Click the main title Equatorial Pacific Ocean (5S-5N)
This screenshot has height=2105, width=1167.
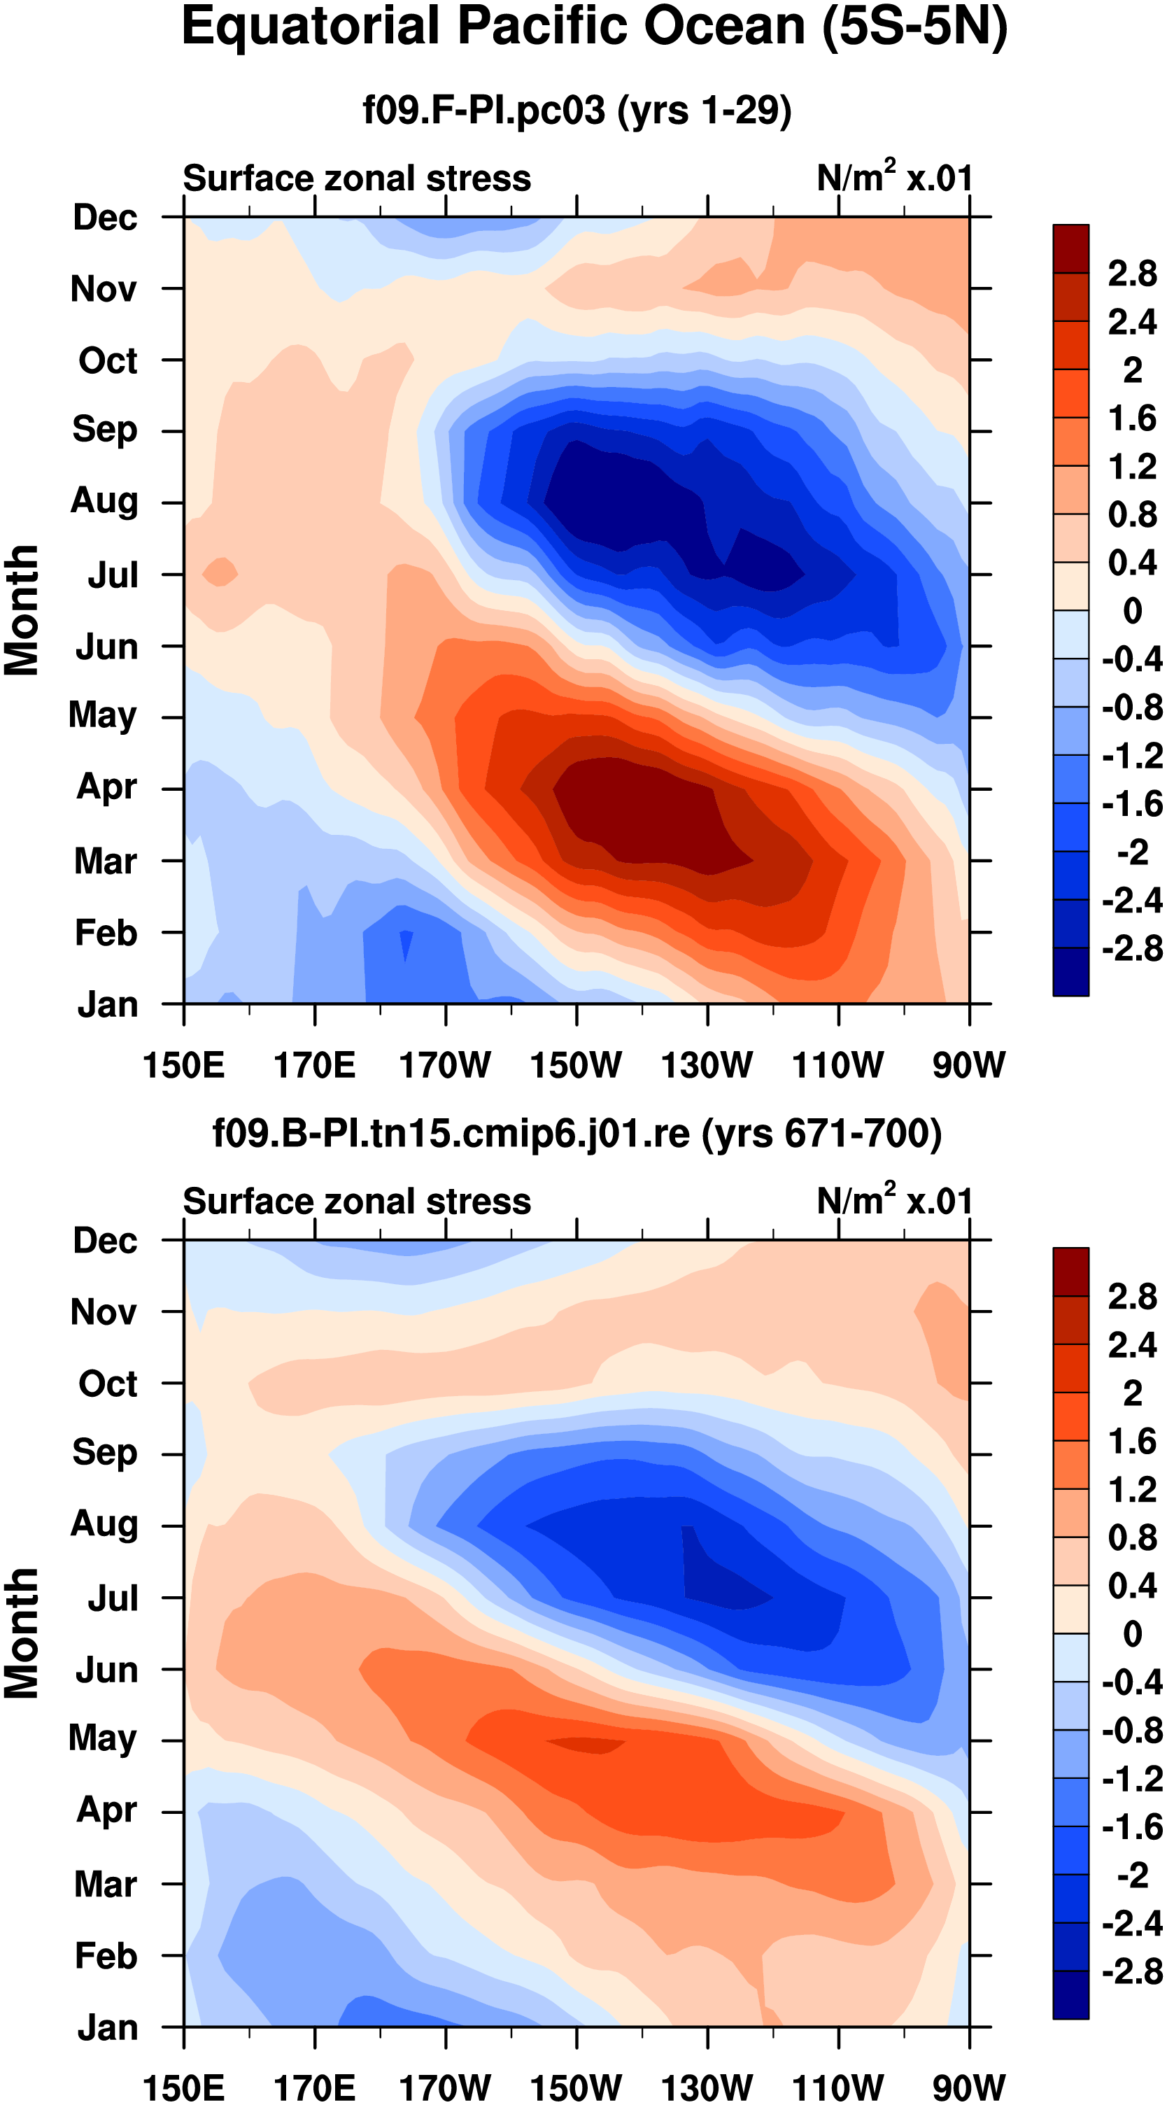pos(594,28)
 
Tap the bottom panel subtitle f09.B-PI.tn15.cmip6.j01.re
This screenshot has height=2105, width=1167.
pos(577,1134)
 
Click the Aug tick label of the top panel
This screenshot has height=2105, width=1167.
pos(105,500)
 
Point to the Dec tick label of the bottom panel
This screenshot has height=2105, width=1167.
pos(106,1241)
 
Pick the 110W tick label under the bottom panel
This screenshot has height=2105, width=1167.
pos(837,2088)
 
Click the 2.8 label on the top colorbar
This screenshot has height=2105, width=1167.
pos(1132,273)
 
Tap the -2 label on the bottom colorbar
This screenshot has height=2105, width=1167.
pos(1133,1875)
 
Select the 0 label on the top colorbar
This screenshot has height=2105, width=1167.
pos(1133,610)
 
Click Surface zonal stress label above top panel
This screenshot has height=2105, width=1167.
pos(356,178)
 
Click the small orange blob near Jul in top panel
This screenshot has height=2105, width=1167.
pos(220,571)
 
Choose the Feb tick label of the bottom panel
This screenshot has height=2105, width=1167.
pos(106,1956)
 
